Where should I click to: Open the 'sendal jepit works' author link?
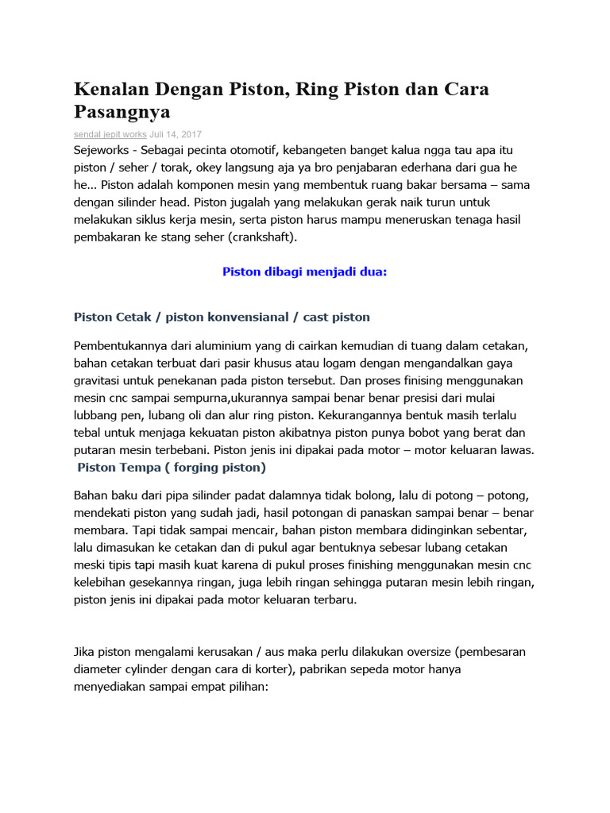click(110, 134)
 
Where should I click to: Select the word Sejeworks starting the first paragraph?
click(104, 149)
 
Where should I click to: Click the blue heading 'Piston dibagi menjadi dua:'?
click(304, 272)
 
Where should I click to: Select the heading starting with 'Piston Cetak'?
click(222, 317)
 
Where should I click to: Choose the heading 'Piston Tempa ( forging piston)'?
click(172, 467)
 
